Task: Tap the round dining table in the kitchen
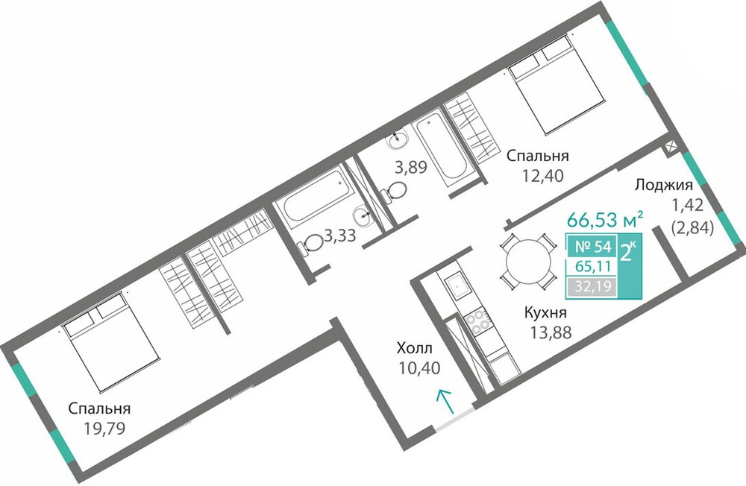527,261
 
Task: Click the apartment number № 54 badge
593,247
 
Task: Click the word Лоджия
664,186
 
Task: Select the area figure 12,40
542,176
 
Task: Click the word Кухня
545,313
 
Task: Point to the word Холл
415,349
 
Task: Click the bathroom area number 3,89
411,167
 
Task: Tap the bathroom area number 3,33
339,235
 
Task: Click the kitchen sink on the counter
458,285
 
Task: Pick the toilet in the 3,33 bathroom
310,244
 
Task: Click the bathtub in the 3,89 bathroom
441,148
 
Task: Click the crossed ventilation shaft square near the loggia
671,147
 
